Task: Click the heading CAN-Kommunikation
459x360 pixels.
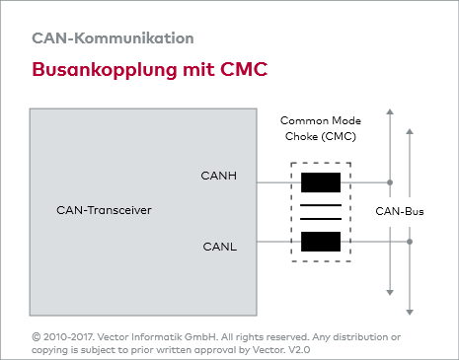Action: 113,38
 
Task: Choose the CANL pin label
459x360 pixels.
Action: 219,246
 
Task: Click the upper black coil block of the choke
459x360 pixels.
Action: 321,182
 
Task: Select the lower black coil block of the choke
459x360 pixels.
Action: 321,241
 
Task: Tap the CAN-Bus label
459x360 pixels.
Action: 400,212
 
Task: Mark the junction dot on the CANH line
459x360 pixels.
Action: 391,182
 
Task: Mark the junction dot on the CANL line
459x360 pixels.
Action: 411,241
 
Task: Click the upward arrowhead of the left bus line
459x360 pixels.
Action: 391,112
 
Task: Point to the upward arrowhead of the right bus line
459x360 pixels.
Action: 411,112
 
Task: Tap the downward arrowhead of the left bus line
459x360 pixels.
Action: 391,290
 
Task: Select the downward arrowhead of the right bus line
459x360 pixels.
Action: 411,290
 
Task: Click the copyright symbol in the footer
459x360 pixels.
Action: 37,336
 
